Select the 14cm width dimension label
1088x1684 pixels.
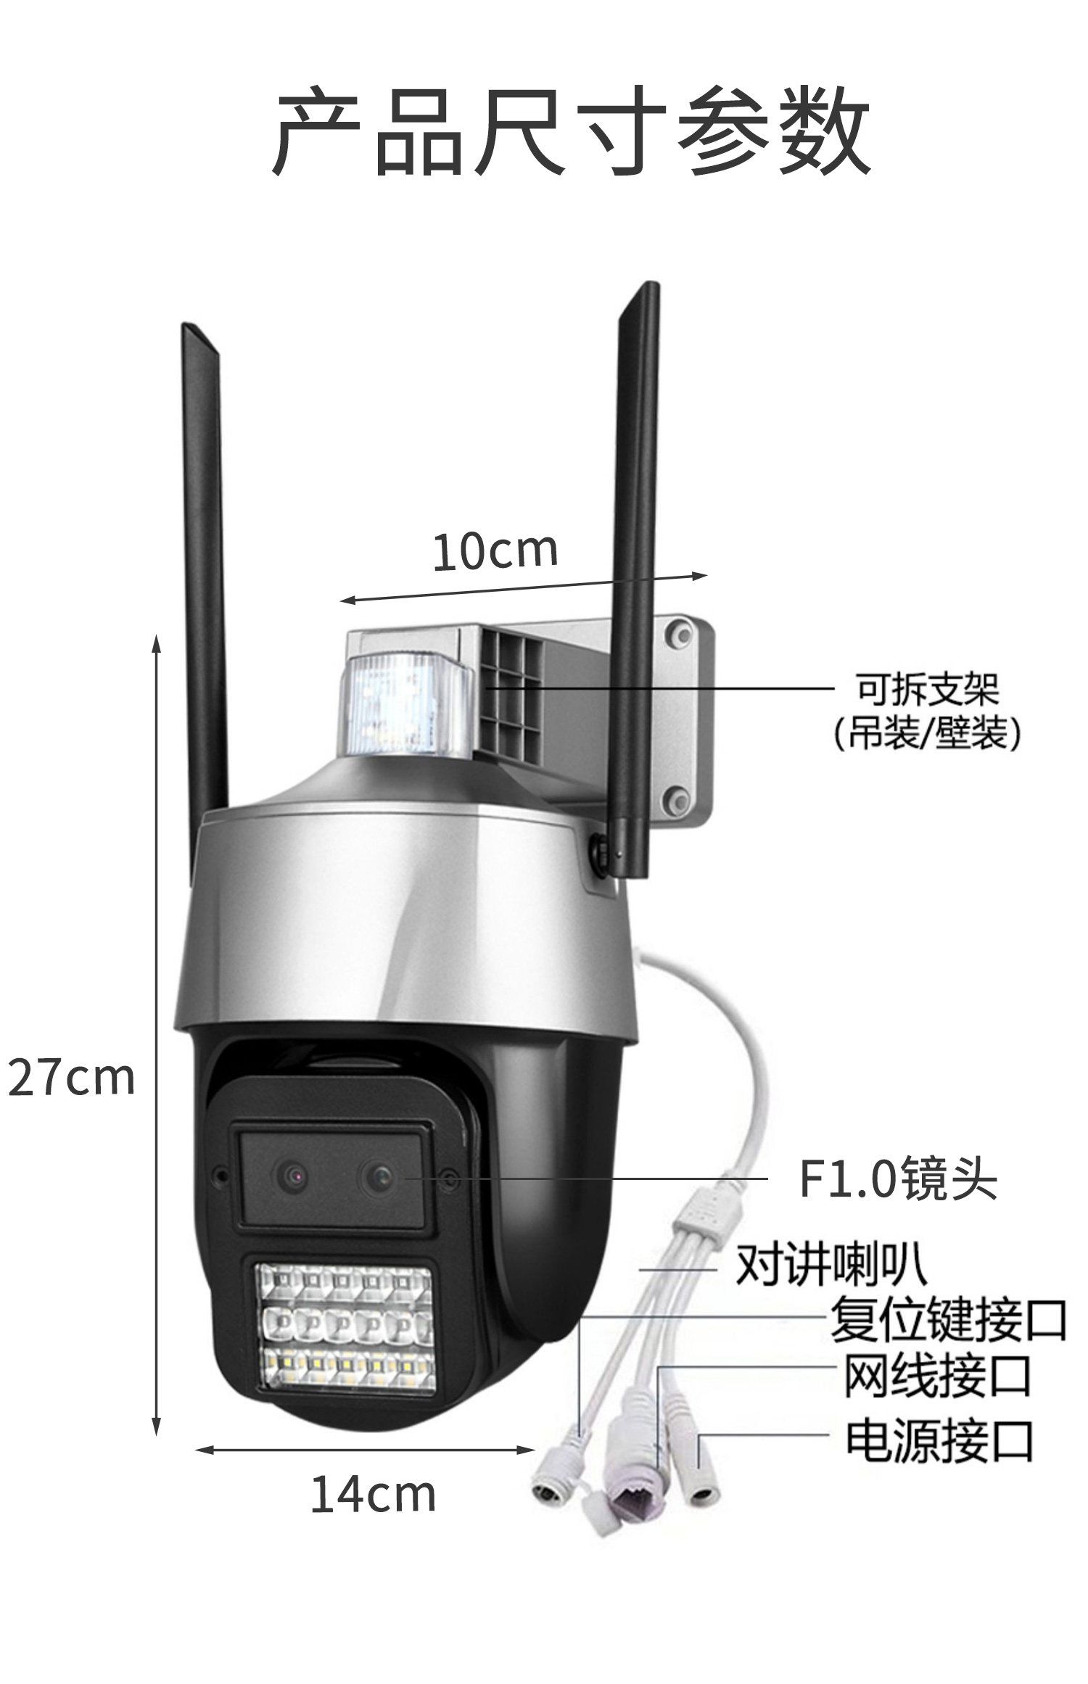[373, 1495]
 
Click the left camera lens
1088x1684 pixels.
[292, 1176]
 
